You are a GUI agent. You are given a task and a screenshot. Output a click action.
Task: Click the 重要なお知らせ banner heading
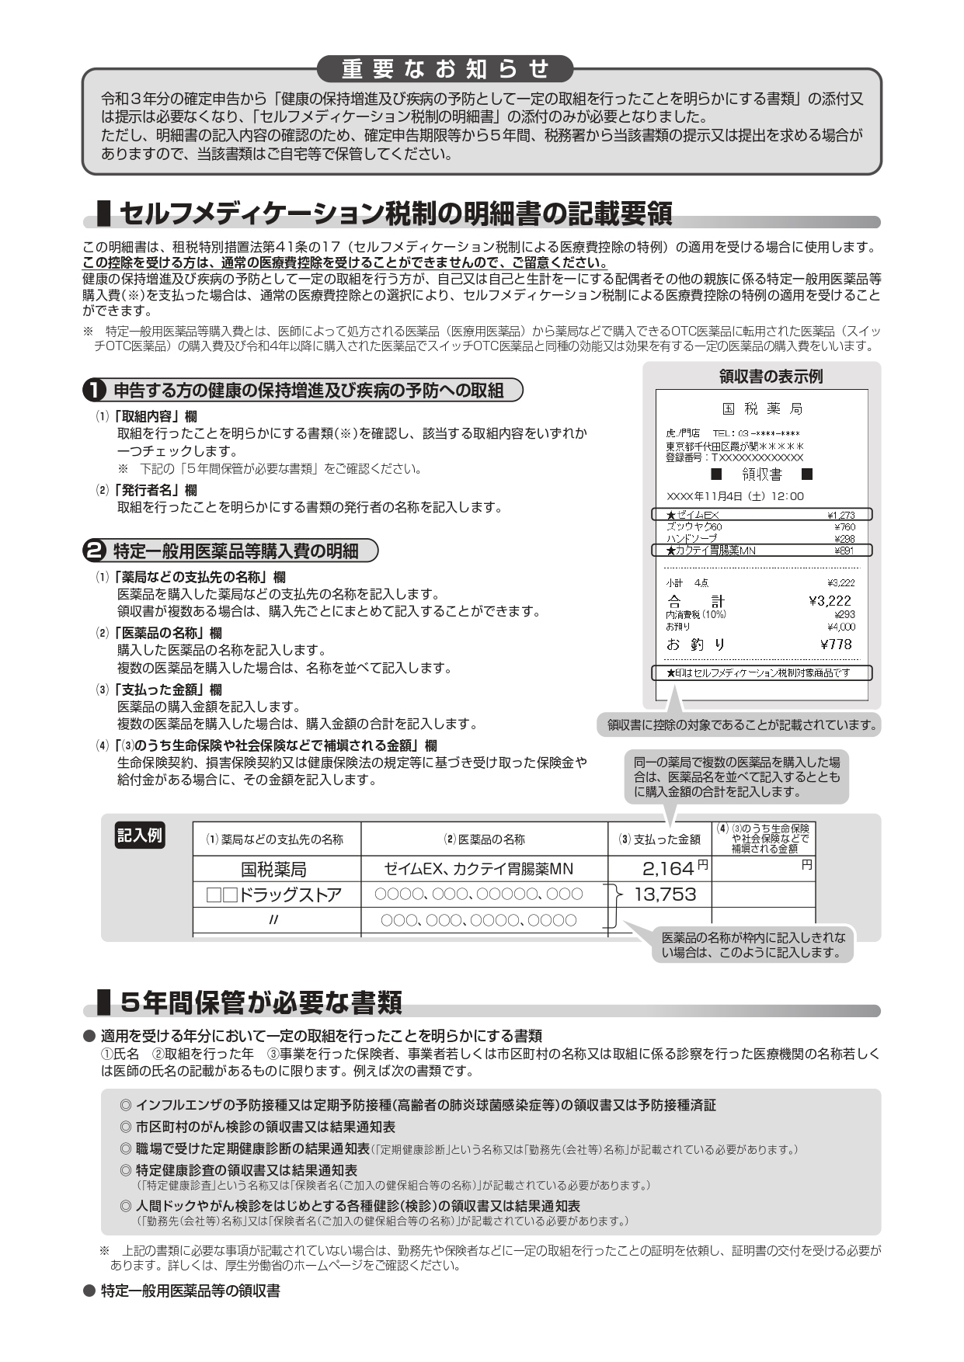(446, 69)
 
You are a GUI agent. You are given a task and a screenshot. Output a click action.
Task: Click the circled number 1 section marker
(94, 390)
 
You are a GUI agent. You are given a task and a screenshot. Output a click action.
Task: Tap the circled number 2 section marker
(94, 551)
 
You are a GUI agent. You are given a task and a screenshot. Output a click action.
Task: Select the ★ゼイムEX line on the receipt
(761, 514)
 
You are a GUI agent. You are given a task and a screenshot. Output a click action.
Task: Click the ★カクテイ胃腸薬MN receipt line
(761, 551)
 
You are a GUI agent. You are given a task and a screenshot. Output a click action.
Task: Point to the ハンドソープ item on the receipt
(692, 538)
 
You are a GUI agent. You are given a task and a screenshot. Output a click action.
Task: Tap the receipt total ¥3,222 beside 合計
(830, 600)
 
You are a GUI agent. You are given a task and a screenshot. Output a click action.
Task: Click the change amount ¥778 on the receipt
(836, 644)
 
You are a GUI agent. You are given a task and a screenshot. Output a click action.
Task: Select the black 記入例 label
(140, 836)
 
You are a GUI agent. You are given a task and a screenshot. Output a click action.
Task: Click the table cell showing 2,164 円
(659, 868)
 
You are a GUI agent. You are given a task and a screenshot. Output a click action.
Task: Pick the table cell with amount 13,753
(665, 895)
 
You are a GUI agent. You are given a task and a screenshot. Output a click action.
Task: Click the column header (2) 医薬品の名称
(484, 839)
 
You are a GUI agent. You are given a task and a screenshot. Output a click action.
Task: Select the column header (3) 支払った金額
(659, 839)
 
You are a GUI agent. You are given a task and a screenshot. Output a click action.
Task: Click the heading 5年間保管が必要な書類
(261, 1003)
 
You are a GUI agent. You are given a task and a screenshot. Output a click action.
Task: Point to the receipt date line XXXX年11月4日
(735, 496)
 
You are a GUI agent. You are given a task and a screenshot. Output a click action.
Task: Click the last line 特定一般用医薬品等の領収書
(190, 1291)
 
